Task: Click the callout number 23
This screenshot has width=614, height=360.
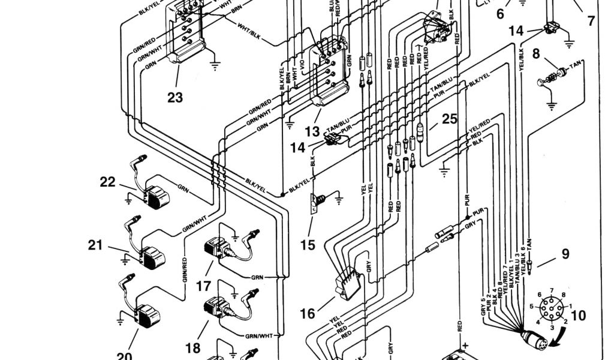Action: [x=175, y=97]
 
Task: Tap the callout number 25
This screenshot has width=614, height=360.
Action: [x=450, y=119]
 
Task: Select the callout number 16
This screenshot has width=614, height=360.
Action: [x=307, y=313]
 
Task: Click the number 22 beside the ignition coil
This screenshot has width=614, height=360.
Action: [x=107, y=182]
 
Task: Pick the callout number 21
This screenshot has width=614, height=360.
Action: [x=96, y=245]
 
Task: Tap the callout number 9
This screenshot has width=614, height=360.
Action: [x=565, y=254]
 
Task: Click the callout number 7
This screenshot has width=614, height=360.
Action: [x=591, y=20]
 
